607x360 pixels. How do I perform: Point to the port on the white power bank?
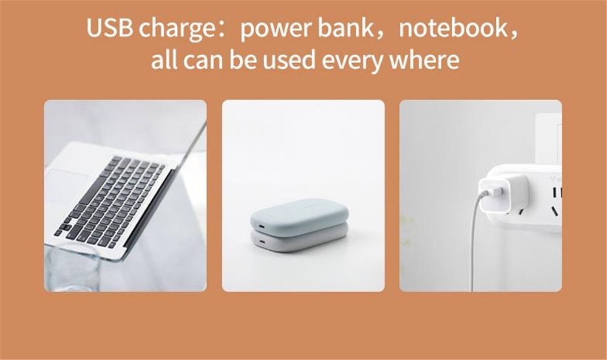point(261,243)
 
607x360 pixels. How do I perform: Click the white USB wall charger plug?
point(503,194)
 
